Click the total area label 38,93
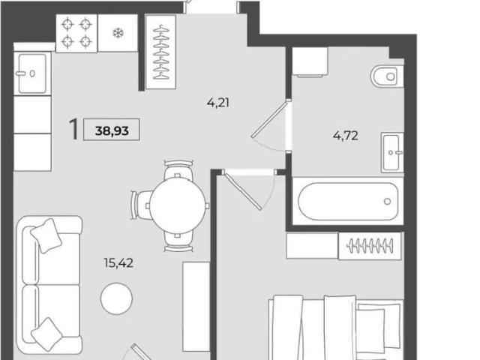pyautogui.click(x=112, y=130)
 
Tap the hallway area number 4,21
pyautogui.click(x=218, y=103)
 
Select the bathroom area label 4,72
pyautogui.click(x=345, y=135)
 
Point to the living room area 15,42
pyautogui.click(x=118, y=263)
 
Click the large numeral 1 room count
pyautogui.click(x=73, y=129)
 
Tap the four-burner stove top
pyautogui.click(x=76, y=33)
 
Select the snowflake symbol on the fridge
pyautogui.click(x=118, y=33)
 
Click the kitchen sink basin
pyautogui.click(x=32, y=73)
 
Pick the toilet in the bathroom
pyautogui.click(x=387, y=76)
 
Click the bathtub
pyautogui.click(x=348, y=201)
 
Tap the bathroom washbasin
pyautogui.click(x=392, y=152)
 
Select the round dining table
pyautogui.click(x=178, y=205)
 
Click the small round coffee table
pyautogui.click(x=117, y=298)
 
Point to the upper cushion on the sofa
pyautogui.click(x=46, y=235)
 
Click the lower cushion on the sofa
pyautogui.click(x=46, y=334)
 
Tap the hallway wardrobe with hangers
pyautogui.click(x=161, y=52)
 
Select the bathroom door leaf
pyautogui.click(x=269, y=120)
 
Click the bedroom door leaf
pyautogui.click(x=243, y=191)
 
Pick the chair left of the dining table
pyautogui.click(x=142, y=205)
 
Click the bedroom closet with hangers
pyautogui.click(x=370, y=246)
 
